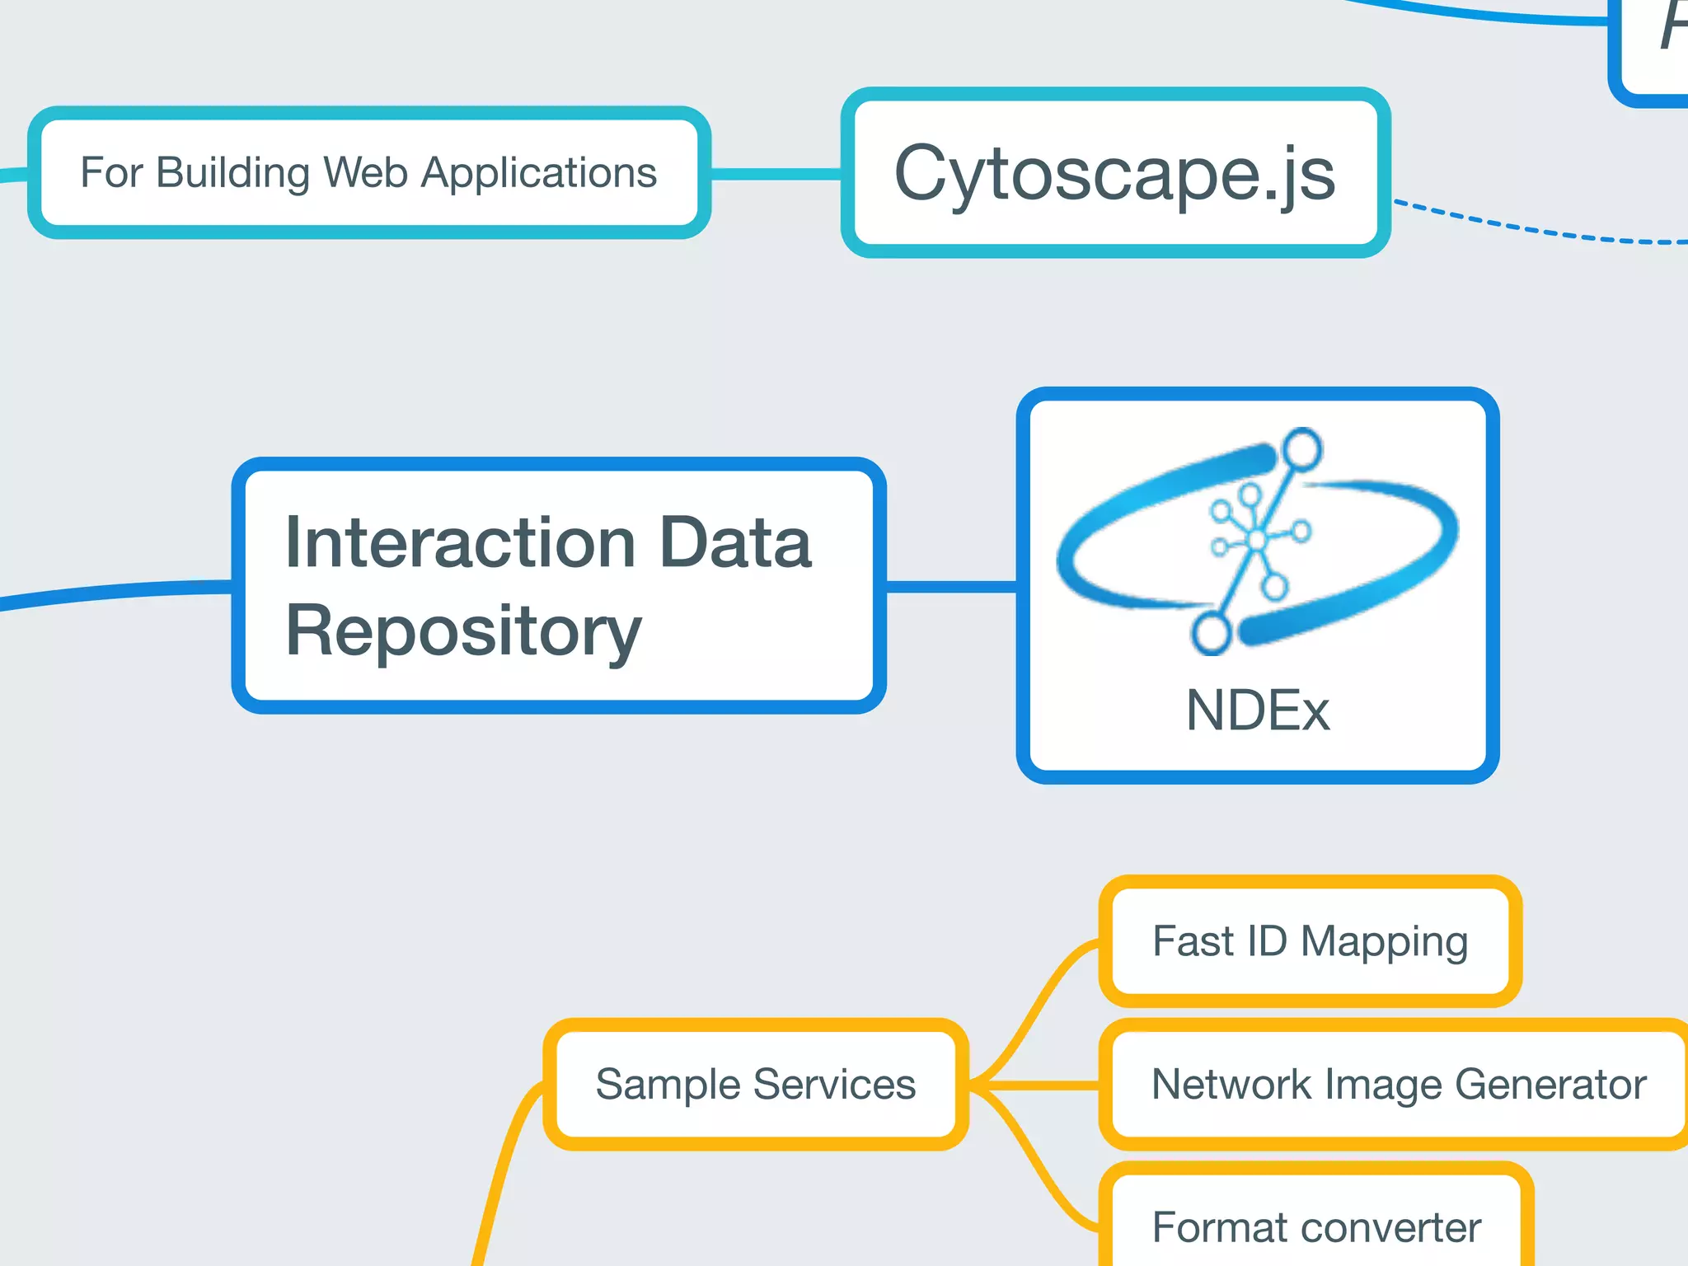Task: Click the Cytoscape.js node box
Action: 1115,173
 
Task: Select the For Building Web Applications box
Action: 368,173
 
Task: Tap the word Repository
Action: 463,631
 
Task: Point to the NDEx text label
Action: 1257,710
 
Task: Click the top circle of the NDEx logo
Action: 1302,449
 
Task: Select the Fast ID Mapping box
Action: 1310,941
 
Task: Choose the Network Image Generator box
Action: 1398,1085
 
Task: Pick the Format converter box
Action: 1316,1226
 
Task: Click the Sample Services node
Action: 755,1085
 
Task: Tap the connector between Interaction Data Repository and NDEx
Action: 951,587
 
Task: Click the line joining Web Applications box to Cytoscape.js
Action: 775,174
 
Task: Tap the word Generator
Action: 1550,1085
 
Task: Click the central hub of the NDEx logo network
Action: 1256,540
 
